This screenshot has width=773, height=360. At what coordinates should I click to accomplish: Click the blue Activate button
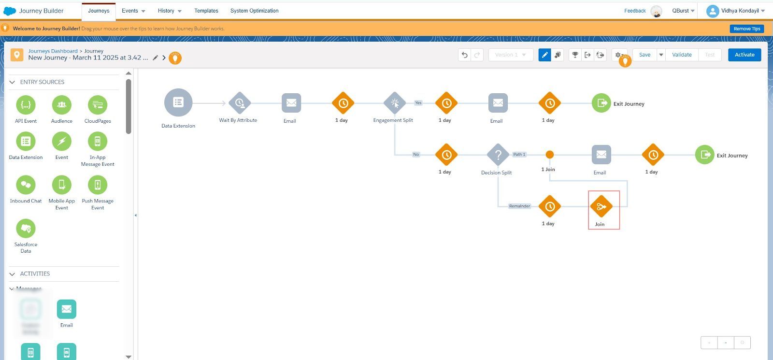(744, 55)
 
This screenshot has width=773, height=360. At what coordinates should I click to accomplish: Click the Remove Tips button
(746, 29)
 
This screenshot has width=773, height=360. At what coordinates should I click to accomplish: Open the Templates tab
(206, 11)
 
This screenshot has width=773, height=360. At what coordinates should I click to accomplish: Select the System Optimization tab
(254, 11)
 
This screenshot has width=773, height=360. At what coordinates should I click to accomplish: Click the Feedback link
(635, 11)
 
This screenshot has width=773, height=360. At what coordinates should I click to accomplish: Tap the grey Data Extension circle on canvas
(178, 102)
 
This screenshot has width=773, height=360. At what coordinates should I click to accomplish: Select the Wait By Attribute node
(240, 103)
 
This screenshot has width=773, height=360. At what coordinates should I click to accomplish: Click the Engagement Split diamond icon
(395, 103)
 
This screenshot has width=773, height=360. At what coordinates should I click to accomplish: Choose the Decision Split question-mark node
(498, 155)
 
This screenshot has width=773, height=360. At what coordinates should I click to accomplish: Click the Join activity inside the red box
(601, 207)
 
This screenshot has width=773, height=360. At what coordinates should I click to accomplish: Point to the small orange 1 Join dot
(550, 155)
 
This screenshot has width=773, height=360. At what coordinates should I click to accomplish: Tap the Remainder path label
(519, 206)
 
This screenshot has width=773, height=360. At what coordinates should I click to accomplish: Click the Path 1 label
(519, 155)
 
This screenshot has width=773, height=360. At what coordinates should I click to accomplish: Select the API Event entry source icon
(26, 105)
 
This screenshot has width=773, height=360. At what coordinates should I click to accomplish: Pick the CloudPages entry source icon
(98, 105)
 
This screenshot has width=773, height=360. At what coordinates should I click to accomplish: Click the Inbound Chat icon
(26, 185)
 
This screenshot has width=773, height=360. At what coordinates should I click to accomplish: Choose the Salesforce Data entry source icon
(26, 229)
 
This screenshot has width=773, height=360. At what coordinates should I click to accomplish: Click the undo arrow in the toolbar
(464, 55)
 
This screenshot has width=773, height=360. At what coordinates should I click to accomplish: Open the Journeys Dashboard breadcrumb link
(53, 51)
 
